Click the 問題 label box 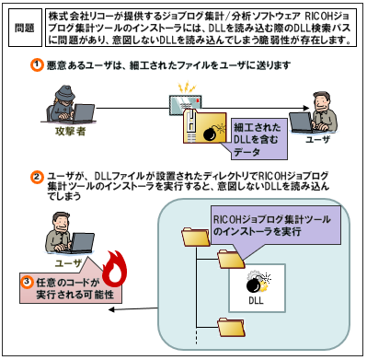tap(25, 28)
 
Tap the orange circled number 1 tap(37, 65)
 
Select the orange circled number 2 tap(37, 177)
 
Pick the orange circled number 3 tap(28, 281)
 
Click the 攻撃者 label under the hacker tap(70, 132)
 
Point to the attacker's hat tap(64, 93)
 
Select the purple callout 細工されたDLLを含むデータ tap(258, 140)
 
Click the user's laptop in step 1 tap(303, 122)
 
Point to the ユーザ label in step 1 tap(317, 140)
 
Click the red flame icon tap(114, 267)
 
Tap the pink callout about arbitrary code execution tap(71, 287)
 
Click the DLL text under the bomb tap(257, 300)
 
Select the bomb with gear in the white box tap(258, 282)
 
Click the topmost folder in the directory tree tap(195, 237)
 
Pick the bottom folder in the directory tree tap(232, 328)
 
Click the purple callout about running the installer tap(276, 226)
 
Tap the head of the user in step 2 tap(62, 222)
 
